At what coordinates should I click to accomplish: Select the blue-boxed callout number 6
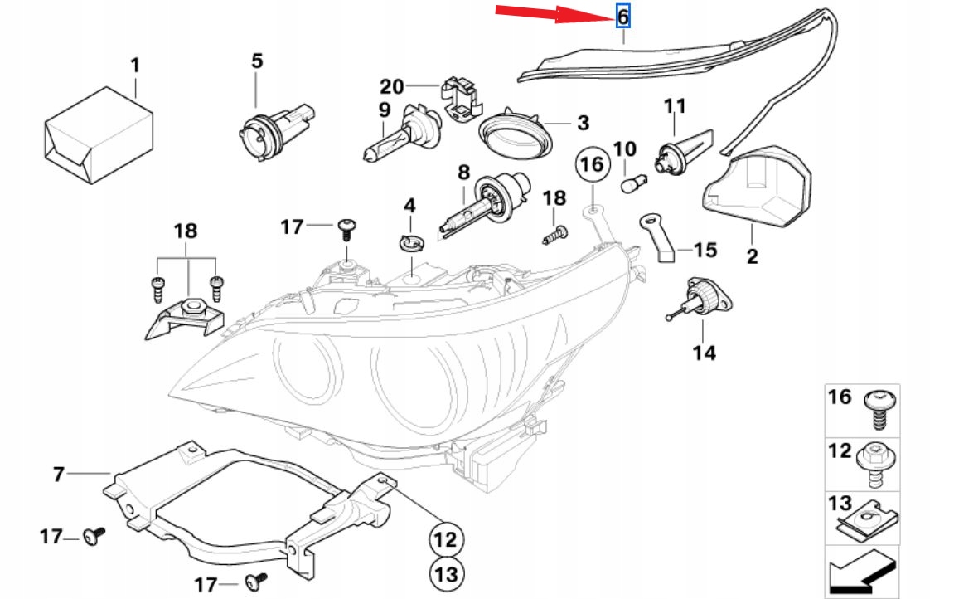622,16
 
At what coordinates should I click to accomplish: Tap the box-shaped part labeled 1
99,134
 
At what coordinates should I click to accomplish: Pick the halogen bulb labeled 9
402,134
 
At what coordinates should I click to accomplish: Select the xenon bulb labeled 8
487,202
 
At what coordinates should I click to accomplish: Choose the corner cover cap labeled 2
757,187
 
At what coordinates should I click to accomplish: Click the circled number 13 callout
447,574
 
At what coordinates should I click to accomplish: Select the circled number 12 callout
446,539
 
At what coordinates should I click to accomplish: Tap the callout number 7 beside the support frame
58,474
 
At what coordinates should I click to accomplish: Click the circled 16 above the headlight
592,164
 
